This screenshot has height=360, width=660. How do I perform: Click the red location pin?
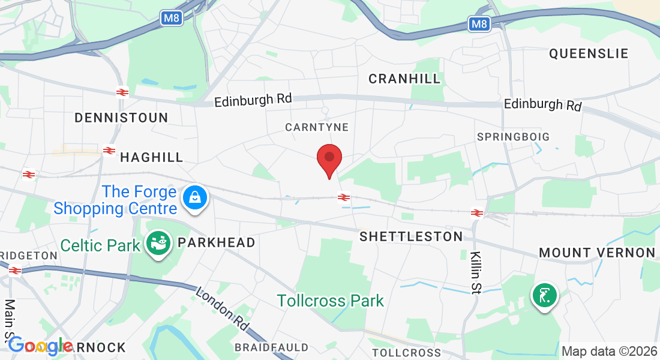point(329,159)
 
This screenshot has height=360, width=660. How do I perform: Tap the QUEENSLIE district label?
point(589,53)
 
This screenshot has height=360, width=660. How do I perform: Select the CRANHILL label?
point(404,79)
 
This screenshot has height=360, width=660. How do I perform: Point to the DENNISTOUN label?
point(121,118)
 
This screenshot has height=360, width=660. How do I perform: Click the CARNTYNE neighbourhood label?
point(317,127)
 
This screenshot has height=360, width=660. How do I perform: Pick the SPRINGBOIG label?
point(513,137)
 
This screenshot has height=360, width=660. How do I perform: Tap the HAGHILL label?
point(152,157)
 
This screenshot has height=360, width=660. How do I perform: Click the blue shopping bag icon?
point(196,197)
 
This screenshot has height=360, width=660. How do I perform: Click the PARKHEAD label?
point(217,242)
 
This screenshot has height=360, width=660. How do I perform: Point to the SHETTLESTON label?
point(411,236)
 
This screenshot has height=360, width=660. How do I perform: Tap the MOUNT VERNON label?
point(597,253)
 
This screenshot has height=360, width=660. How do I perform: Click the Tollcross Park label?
point(331,301)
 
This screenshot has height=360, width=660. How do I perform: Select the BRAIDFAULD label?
point(271,347)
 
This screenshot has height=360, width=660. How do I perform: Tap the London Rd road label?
point(223,308)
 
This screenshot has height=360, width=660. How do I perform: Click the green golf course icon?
point(544,296)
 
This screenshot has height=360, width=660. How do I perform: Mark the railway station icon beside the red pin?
point(344,197)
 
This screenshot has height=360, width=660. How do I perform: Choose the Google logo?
point(40,346)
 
